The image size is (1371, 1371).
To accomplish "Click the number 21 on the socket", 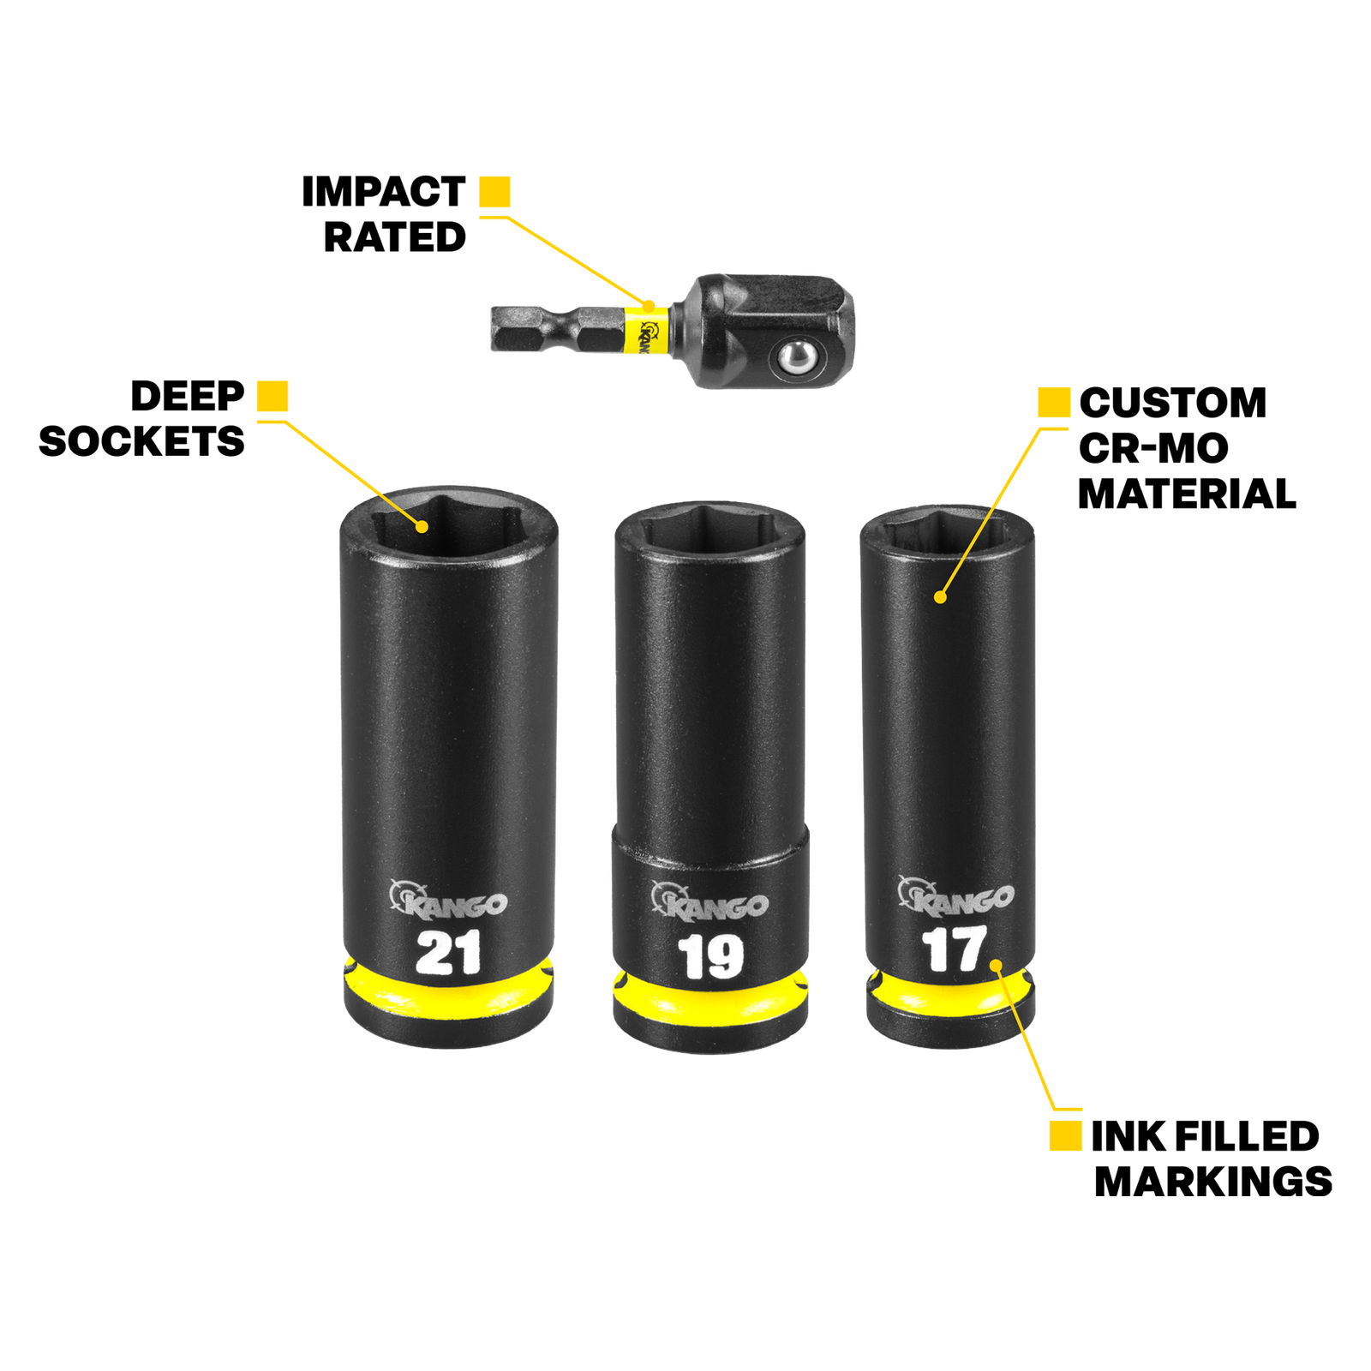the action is (448, 953).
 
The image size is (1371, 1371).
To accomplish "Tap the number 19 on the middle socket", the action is (710, 956).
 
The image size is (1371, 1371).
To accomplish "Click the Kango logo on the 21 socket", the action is (448, 900).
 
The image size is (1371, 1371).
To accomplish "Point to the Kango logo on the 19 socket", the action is (709, 901).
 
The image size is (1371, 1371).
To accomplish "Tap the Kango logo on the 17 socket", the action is (956, 896).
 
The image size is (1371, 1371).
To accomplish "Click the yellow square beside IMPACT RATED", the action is (494, 191).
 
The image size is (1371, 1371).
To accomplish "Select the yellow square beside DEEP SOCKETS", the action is (272, 396).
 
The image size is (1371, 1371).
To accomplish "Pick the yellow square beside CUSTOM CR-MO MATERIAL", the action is (1054, 402).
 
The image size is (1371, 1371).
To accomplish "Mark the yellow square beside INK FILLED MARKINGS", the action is (1066, 1135).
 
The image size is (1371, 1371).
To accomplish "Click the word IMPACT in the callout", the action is (384, 192).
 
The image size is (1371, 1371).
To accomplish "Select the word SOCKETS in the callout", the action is (142, 441).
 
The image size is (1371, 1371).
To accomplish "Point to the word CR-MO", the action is (1153, 447).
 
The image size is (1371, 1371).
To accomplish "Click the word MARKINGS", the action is (1213, 1182).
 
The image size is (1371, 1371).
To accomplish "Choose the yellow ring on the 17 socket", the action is (950, 996).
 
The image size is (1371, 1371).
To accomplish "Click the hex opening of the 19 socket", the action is (709, 530).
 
